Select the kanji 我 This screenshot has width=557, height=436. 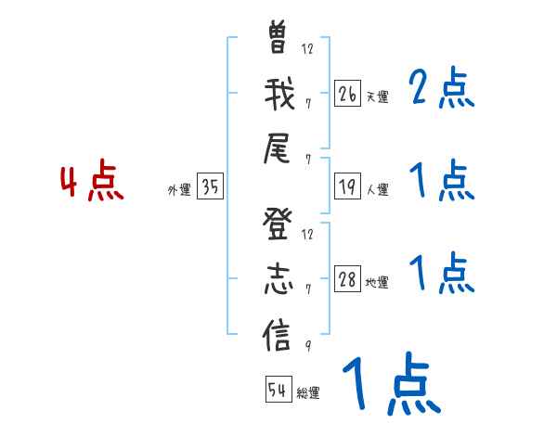pyautogui.click(x=278, y=94)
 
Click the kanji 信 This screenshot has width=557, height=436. pyautogui.click(x=278, y=333)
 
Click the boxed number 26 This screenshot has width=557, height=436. pyautogui.click(x=348, y=93)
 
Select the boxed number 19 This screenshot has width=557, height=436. pyautogui.click(x=348, y=187)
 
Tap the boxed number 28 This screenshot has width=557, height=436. pyautogui.click(x=348, y=280)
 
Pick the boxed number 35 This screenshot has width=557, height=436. pyautogui.click(x=210, y=187)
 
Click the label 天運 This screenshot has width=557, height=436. pyautogui.click(x=378, y=96)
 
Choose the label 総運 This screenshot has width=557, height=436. pyautogui.click(x=308, y=392)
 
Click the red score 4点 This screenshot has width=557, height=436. pyautogui.click(x=91, y=183)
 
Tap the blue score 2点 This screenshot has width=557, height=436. pyautogui.click(x=442, y=89)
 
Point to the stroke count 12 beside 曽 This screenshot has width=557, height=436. pyautogui.click(x=307, y=48)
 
